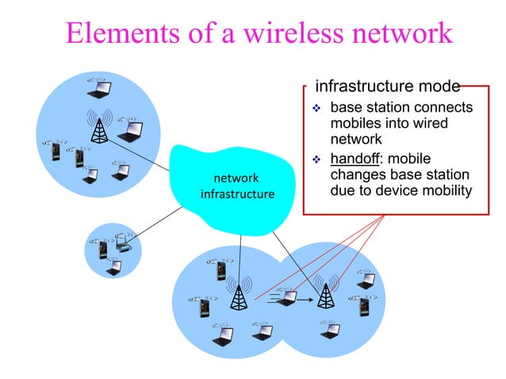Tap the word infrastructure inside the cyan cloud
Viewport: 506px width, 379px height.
point(237,194)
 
